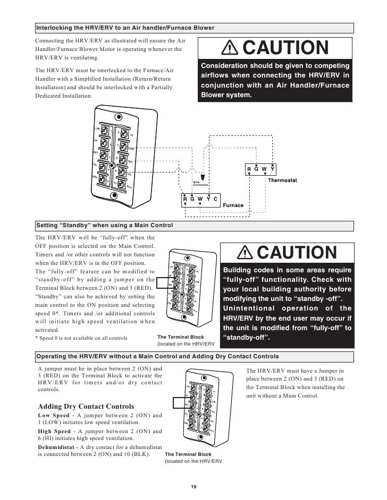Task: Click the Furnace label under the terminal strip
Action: pyautogui.click(x=233, y=205)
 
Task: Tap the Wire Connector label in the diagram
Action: pyautogui.click(x=200, y=183)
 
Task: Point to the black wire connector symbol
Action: pyautogui.click(x=202, y=176)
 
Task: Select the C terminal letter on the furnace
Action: pyautogui.click(x=215, y=199)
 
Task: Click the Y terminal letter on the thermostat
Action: pyautogui.click(x=272, y=169)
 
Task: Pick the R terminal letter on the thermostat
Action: pyautogui.click(x=249, y=169)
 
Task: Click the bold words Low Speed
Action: pyautogui.click(x=54, y=415)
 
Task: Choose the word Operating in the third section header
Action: pyautogui.click(x=53, y=355)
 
